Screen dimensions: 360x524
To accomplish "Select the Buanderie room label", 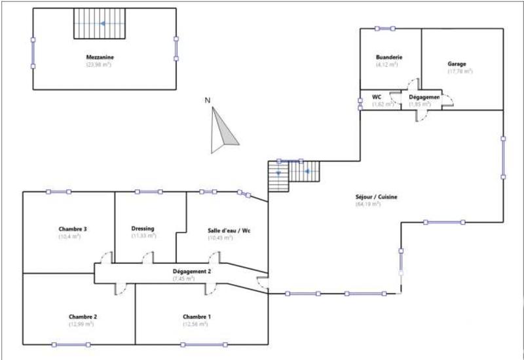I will pos(389,58).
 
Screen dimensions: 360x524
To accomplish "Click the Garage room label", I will pos(457,64).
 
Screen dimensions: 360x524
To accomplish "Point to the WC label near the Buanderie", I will pos(377,97).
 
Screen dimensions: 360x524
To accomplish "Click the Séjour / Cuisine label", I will pos(376,197).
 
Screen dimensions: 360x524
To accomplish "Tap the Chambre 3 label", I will pos(73,229).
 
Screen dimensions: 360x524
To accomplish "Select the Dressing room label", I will pos(143,228).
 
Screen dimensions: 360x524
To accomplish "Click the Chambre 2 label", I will pos(83,317).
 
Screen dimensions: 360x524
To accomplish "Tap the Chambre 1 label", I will pos(196,317).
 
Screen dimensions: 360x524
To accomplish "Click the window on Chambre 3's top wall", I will pos(58,192).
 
